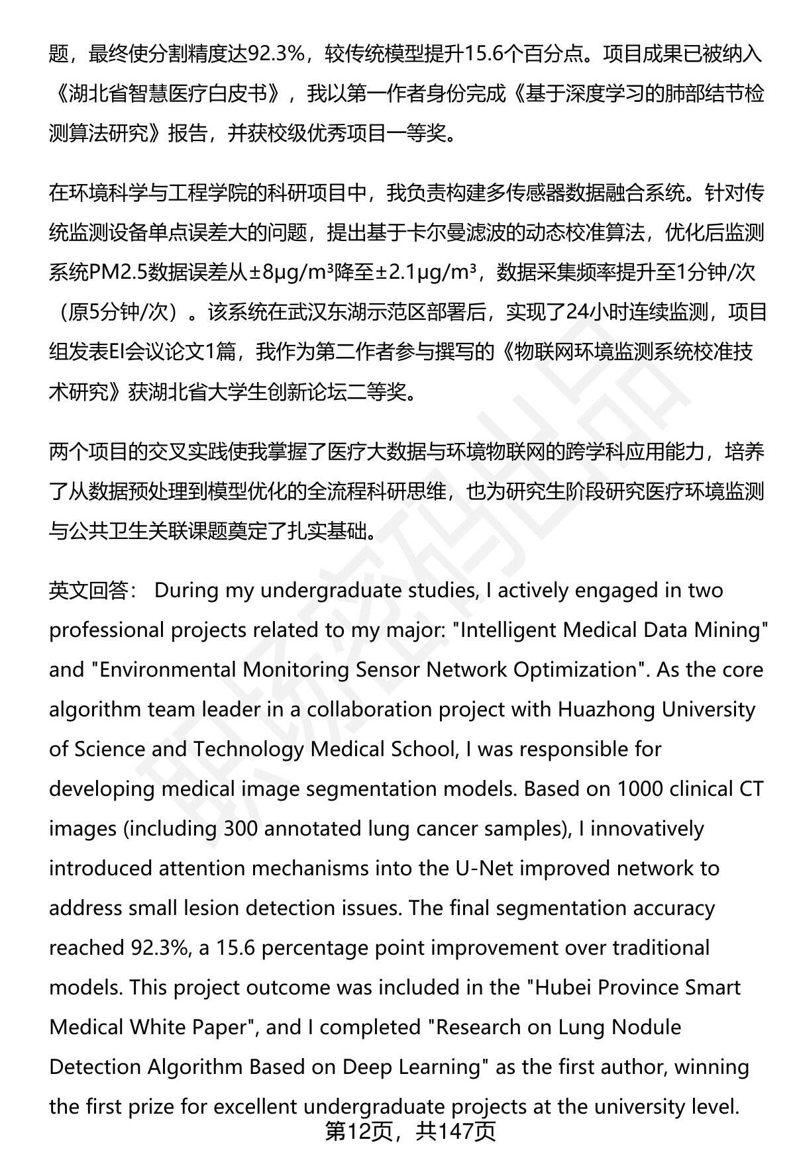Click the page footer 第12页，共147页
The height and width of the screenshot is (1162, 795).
(x=409, y=1132)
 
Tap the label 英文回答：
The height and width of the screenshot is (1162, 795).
(x=93, y=590)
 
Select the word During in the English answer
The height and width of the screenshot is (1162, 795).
(x=187, y=590)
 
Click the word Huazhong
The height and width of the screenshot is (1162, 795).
(x=604, y=709)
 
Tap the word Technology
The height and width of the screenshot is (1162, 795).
(x=250, y=749)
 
